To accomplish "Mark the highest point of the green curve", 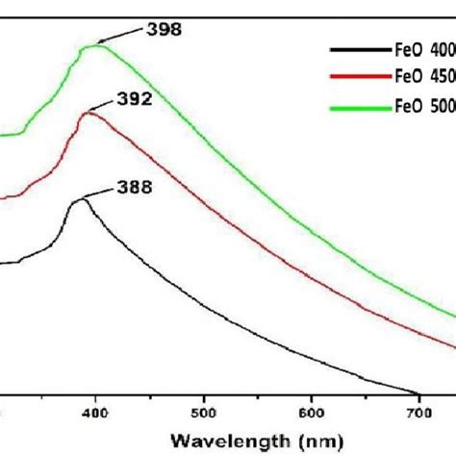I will (95, 45).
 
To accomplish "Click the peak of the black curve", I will (81, 199).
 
